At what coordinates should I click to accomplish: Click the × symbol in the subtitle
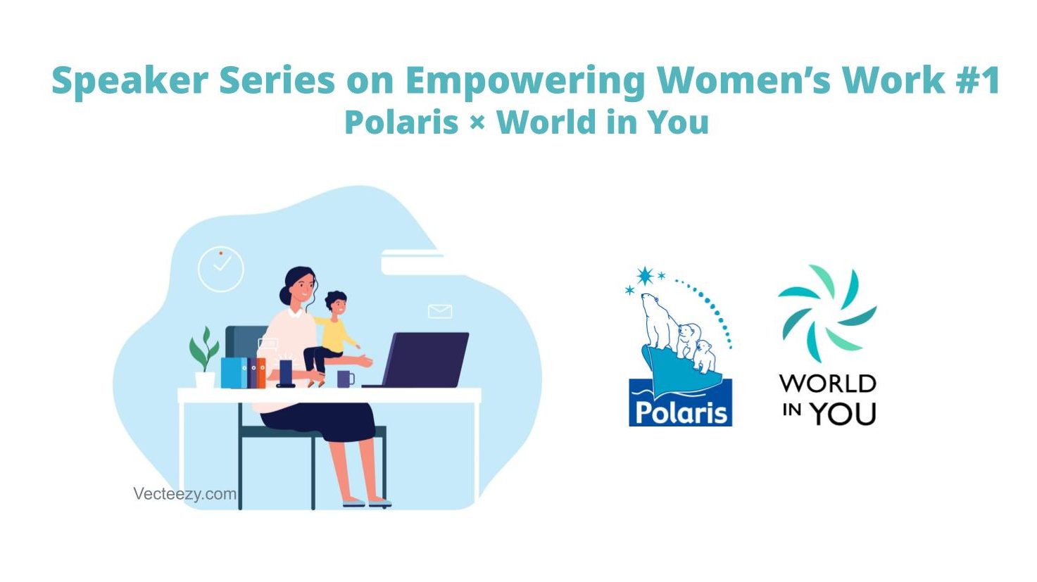point(477,123)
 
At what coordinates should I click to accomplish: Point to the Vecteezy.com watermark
point(184,494)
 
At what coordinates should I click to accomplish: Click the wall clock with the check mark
point(221,269)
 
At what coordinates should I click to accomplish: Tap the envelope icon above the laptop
point(440,311)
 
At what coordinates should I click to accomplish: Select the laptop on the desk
point(418,360)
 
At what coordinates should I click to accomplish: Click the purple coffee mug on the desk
point(346,379)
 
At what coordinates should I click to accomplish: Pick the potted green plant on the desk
point(204,358)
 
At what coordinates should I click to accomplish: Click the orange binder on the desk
point(261,373)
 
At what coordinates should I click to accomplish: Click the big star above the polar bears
point(645,276)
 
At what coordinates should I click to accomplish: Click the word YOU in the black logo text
point(844,414)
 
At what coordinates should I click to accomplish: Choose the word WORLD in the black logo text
point(828,384)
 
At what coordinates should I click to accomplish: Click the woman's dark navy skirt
point(320,421)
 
